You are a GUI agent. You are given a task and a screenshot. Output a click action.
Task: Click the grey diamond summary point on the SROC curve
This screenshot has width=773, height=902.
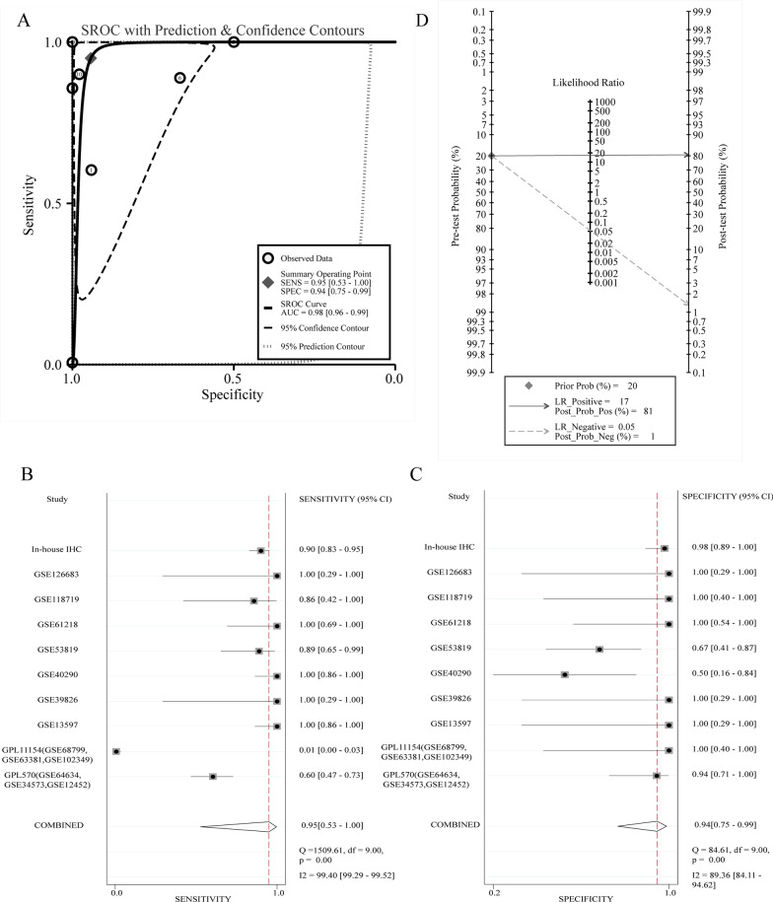[x=91, y=58]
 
